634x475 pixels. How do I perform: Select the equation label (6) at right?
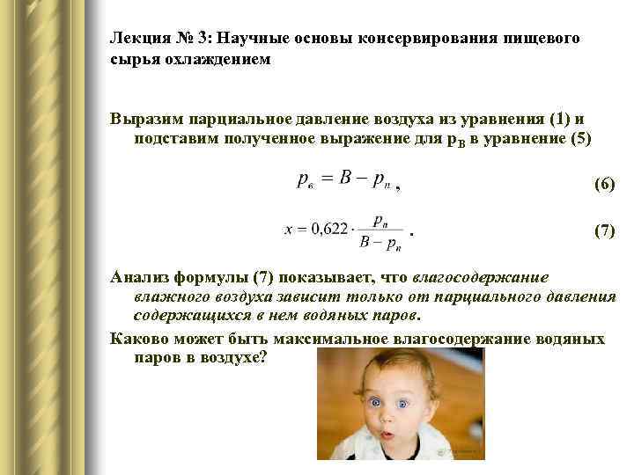point(604,185)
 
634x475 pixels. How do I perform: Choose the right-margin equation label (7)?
point(604,230)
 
